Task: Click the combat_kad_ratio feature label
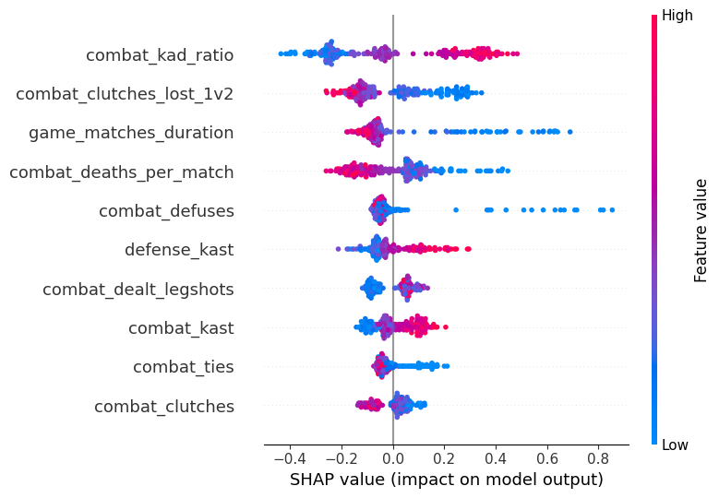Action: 160,55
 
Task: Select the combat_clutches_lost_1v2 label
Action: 125,94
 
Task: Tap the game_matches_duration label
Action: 131,133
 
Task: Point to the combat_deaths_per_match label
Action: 121,172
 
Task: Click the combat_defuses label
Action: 166,211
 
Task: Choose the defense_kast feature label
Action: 179,250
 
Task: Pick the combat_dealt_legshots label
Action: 138,290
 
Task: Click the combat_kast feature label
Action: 181,328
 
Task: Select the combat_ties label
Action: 183,367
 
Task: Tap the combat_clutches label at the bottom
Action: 164,407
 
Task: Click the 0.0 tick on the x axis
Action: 393,456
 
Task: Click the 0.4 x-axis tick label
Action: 496,456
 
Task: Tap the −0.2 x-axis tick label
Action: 340,456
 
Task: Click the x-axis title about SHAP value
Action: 446,480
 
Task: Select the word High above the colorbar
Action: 677,16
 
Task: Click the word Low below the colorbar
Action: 676,445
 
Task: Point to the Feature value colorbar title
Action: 701,231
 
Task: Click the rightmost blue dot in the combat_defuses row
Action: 611,210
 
